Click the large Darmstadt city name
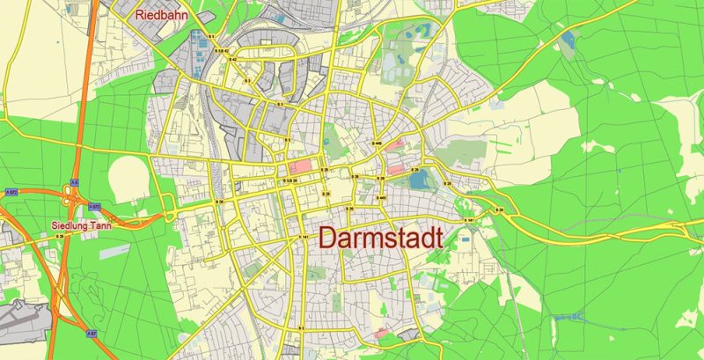click(380, 238)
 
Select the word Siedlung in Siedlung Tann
click(69, 224)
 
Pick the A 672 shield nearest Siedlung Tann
click(94, 207)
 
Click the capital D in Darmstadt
click(327, 238)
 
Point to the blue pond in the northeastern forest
click(568, 40)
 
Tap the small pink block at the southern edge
click(381, 334)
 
